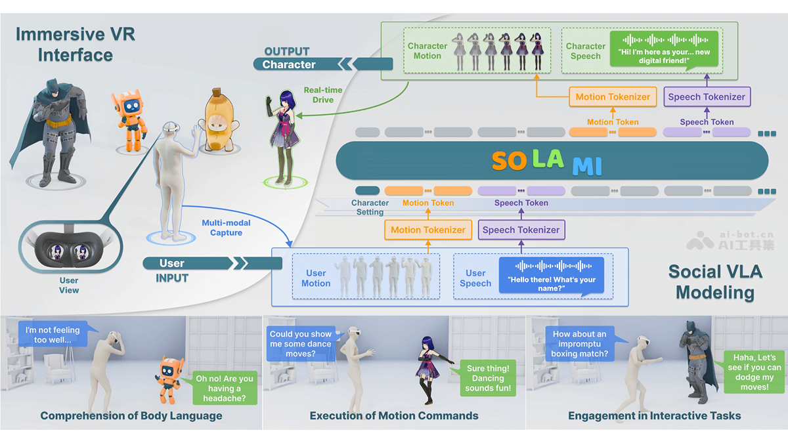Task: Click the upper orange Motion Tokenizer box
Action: (612, 97)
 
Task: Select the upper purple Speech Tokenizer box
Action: (706, 97)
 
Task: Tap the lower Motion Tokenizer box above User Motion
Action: (427, 230)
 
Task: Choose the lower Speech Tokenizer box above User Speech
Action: (521, 230)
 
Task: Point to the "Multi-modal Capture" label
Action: (226, 228)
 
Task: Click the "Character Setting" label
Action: (370, 207)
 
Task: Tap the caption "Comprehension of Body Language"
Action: (131, 415)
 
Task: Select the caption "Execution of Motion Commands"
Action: (394, 415)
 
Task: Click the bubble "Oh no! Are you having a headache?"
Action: (225, 388)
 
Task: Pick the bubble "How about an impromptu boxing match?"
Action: (580, 344)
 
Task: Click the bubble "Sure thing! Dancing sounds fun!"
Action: (488, 378)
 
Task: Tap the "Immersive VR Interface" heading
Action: (75, 45)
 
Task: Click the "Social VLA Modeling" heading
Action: (714, 282)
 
